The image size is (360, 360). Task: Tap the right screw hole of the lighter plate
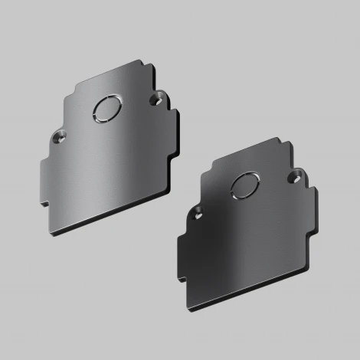click(x=158, y=100)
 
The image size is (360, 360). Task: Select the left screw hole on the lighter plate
click(x=60, y=138)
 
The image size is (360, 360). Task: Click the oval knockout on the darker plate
click(x=244, y=184)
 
